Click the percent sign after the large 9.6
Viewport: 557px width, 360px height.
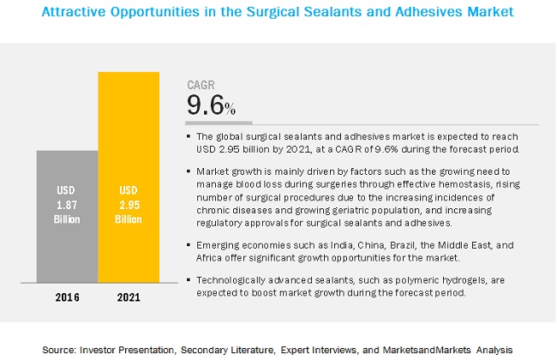(231, 109)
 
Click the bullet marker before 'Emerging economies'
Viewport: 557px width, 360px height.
(189, 244)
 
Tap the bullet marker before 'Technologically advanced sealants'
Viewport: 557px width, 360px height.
(189, 279)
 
